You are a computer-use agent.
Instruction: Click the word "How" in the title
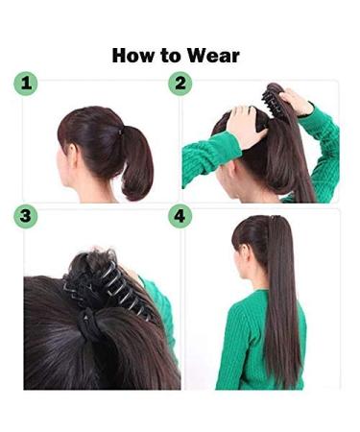click(x=132, y=55)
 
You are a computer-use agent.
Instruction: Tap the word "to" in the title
click(x=173, y=55)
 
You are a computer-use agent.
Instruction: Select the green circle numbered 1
click(x=26, y=84)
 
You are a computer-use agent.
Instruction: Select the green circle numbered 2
click(x=180, y=84)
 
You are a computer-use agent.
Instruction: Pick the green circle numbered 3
click(x=26, y=216)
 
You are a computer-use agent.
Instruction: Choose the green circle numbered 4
click(x=180, y=216)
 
